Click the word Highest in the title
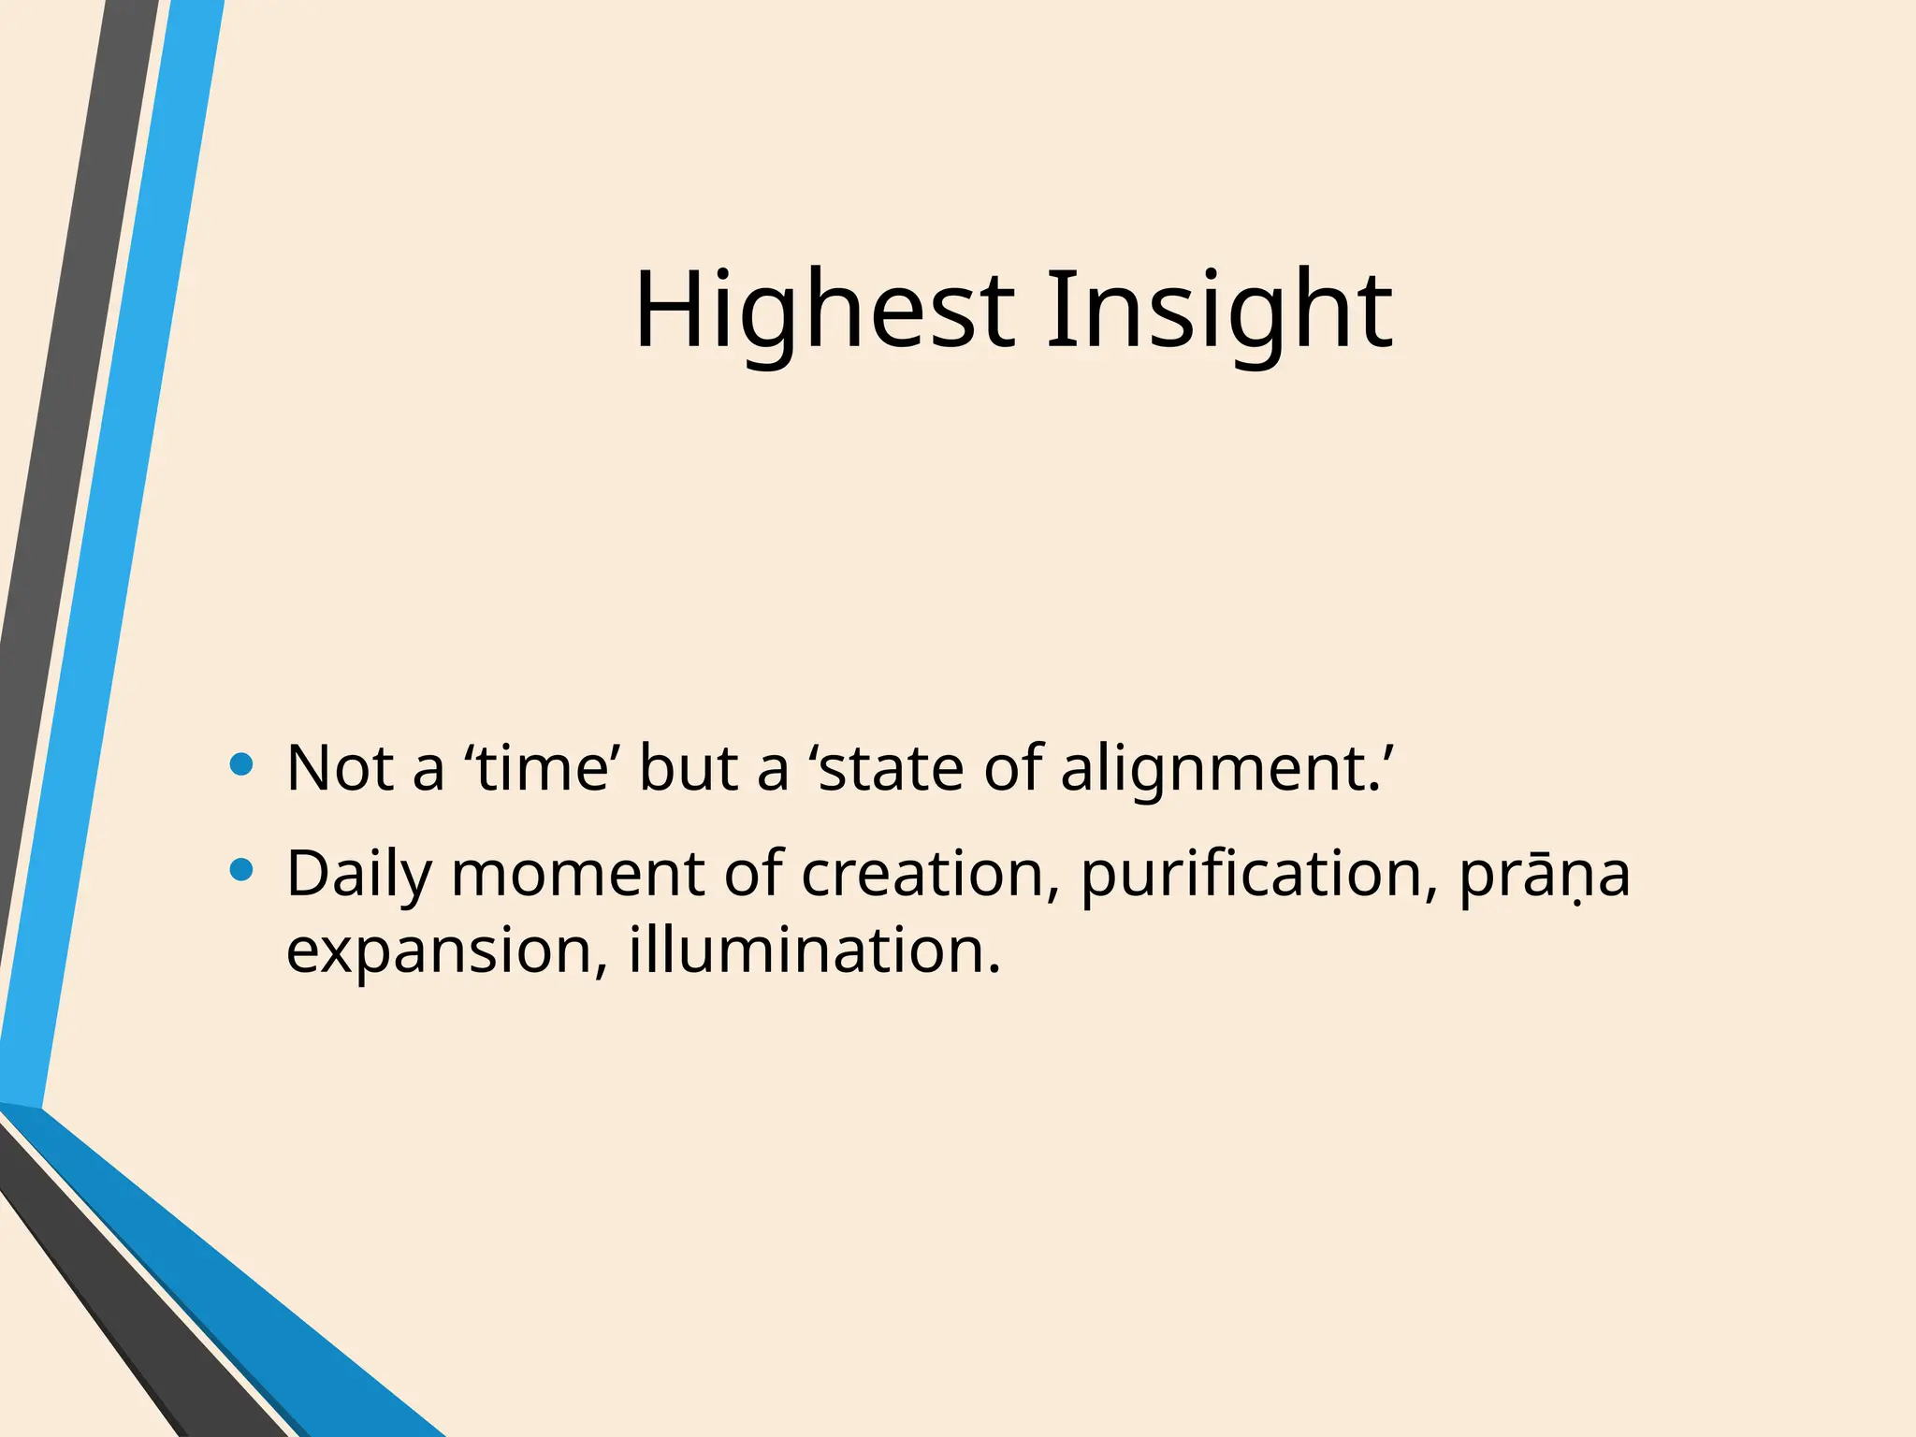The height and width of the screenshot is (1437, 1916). click(823, 311)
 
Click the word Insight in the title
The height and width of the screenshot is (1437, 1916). click(1219, 311)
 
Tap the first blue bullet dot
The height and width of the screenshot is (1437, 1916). click(241, 765)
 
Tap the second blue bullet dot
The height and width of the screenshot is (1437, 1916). click(241, 871)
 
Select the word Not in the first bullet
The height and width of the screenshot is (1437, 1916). click(339, 768)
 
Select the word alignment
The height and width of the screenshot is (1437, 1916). click(1221, 768)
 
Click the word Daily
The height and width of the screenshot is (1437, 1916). click(359, 875)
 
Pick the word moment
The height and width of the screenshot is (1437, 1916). click(578, 875)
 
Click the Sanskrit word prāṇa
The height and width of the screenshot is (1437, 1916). click(1544, 875)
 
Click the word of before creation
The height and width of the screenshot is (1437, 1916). click(753, 875)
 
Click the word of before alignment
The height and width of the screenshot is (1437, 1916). click(1012, 768)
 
